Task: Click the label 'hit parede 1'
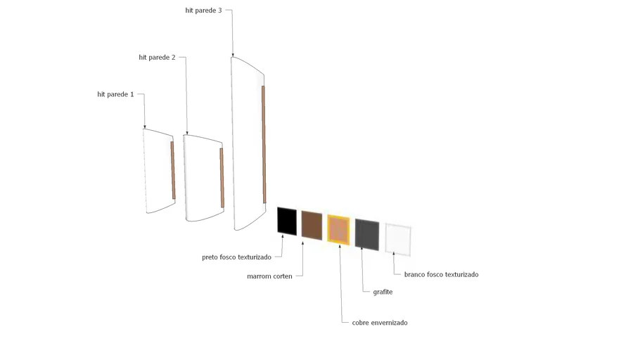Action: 115,94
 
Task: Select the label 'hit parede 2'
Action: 157,58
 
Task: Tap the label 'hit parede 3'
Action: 204,11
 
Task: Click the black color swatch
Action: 287,221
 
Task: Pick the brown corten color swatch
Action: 312,225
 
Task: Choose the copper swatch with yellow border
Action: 338,230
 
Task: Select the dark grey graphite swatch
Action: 367,235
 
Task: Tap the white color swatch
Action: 398,240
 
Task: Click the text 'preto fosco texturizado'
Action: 237,257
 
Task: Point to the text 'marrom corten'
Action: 270,276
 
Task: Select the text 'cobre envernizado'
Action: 380,323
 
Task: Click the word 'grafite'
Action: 383,292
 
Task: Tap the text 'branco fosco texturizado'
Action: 442,275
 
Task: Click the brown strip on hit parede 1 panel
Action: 173,170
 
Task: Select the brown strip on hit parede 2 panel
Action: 222,178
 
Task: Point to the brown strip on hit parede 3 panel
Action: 264,144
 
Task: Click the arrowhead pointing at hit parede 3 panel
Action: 233,55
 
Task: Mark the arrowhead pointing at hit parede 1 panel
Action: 144,127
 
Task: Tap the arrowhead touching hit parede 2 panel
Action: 187,133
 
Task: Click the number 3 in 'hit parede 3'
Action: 220,11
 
